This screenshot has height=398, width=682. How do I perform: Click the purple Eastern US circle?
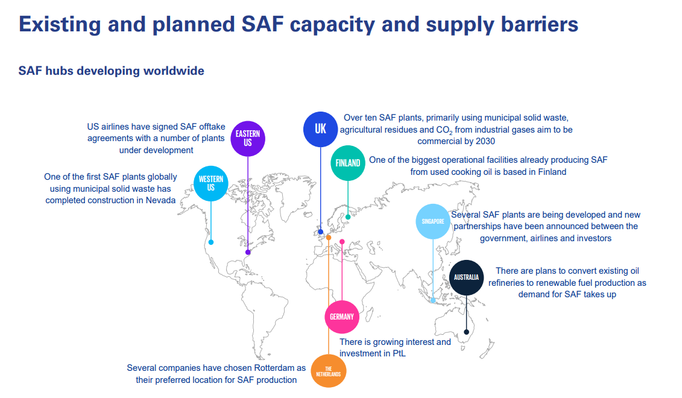[247, 139]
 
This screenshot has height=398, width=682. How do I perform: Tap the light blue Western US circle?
[211, 183]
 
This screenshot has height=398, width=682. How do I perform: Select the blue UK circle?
[321, 129]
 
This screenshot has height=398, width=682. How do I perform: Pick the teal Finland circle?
[348, 163]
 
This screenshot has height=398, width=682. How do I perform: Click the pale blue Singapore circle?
[433, 221]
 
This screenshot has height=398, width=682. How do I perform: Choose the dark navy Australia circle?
[466, 277]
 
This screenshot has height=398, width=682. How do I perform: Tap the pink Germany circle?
[342, 317]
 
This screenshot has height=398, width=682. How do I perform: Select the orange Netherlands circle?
[329, 371]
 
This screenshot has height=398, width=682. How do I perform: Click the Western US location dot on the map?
[211, 242]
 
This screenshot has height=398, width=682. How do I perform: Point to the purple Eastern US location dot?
[248, 252]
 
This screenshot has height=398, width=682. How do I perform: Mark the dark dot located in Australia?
[466, 332]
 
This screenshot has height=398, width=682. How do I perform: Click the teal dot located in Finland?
[348, 216]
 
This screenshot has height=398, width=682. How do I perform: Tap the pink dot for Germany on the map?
[342, 242]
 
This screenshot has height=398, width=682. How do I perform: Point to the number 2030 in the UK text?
[485, 141]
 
